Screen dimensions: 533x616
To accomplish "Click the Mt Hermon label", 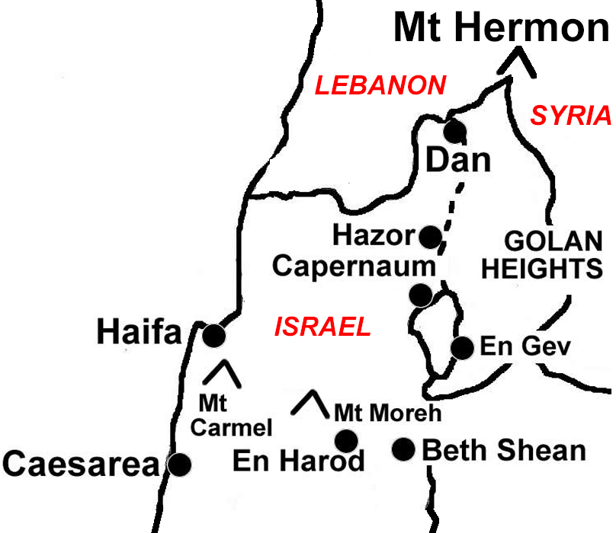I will tap(500, 29).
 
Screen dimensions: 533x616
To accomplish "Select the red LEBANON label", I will tap(380, 85).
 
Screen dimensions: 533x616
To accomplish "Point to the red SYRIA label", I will tap(571, 116).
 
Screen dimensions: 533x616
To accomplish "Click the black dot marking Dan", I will tap(455, 131).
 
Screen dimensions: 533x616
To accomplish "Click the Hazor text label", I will tap(373, 236).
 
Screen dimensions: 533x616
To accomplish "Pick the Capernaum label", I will tap(354, 266).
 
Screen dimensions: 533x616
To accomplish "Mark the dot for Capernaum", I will tap(419, 295).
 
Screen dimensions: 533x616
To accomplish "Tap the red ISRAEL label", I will tap(322, 327).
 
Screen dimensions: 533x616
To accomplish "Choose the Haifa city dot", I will tap(213, 335).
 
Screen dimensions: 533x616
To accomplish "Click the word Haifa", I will tap(140, 333).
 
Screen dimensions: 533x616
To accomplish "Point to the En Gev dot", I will tap(462, 348).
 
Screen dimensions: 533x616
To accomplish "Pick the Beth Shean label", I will tap(503, 450).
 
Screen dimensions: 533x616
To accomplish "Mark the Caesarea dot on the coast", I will tap(179, 464).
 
